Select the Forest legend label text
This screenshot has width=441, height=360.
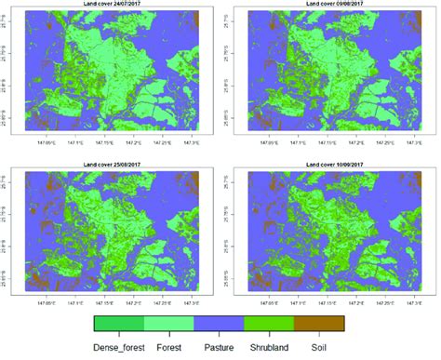tap(172, 347)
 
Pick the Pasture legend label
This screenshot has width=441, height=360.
tap(220, 347)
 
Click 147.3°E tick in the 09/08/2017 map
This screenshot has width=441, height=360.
tap(413, 146)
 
